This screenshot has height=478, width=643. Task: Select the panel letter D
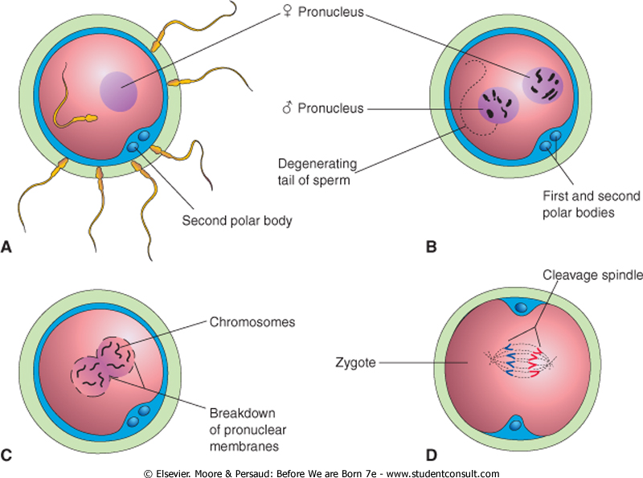click(x=432, y=456)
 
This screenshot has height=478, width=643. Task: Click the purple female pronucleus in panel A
click(x=119, y=90)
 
